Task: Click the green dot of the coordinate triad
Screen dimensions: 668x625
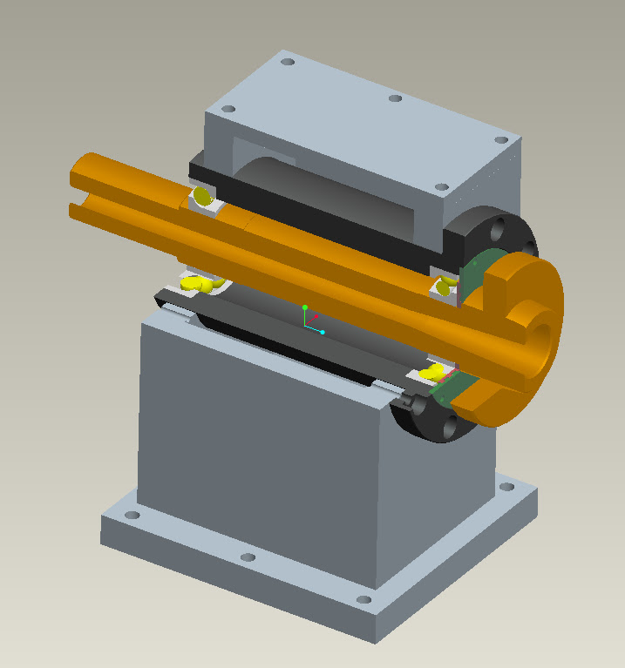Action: pyautogui.click(x=304, y=307)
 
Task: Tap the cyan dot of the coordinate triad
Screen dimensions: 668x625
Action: pyautogui.click(x=322, y=332)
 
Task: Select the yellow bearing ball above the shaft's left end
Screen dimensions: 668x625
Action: pyautogui.click(x=202, y=197)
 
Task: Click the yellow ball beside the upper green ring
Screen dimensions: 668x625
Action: pyautogui.click(x=445, y=286)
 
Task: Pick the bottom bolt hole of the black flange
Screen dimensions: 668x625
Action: pyautogui.click(x=449, y=428)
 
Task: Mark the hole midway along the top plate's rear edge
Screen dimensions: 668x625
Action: pyautogui.click(x=394, y=98)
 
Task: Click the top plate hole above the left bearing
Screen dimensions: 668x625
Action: pyautogui.click(x=228, y=110)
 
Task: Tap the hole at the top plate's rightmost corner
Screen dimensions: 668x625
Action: pyautogui.click(x=500, y=139)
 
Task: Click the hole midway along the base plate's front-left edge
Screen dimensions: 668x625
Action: pyautogui.click(x=247, y=557)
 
